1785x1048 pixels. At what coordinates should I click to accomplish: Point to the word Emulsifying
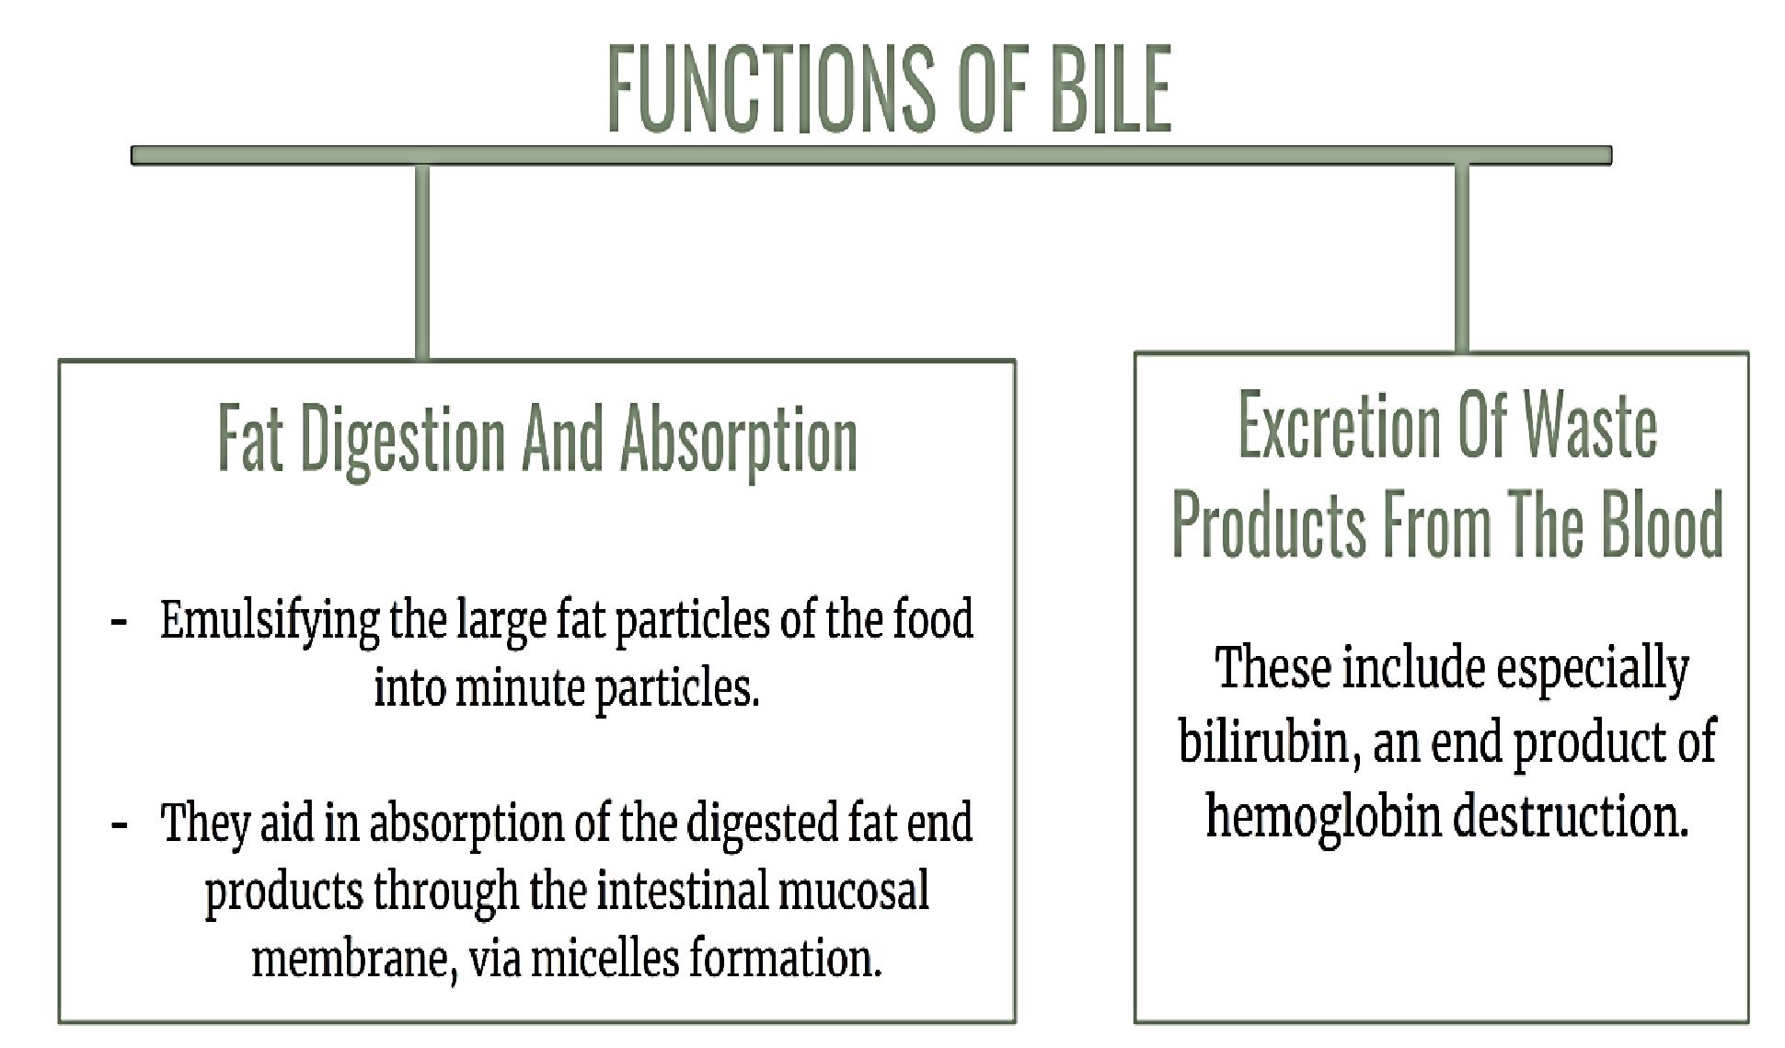[x=269, y=622]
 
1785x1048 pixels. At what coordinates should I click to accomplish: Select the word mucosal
[x=851, y=891]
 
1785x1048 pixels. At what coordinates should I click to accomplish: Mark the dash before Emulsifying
[x=118, y=622]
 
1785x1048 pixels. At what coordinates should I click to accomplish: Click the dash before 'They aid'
[x=118, y=824]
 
